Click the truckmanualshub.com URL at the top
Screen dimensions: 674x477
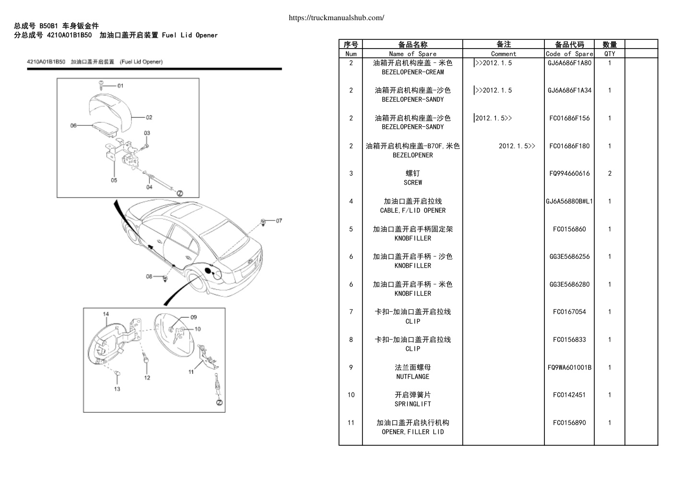(x=336, y=18)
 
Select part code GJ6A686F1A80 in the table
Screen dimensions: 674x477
(x=569, y=63)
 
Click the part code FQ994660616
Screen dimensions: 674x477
(x=569, y=173)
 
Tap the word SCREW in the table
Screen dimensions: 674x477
(x=412, y=183)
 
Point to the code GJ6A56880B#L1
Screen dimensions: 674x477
(x=569, y=201)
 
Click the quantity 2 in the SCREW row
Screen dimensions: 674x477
(x=610, y=173)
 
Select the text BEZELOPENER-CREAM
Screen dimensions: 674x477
(x=412, y=72)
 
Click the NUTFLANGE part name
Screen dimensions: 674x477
(x=412, y=377)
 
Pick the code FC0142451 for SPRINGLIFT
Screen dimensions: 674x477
(x=569, y=395)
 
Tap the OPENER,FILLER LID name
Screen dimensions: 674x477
(x=412, y=432)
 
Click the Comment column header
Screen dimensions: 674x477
(x=504, y=54)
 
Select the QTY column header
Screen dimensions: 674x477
(x=610, y=54)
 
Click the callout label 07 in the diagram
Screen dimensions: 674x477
(x=279, y=221)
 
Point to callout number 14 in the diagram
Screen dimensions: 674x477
(x=106, y=314)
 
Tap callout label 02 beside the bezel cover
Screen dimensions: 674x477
(x=149, y=117)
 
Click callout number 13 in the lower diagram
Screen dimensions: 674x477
(x=117, y=389)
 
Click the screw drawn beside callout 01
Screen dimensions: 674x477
(x=101, y=85)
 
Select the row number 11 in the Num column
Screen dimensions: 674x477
(x=351, y=423)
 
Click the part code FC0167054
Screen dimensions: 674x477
(x=569, y=312)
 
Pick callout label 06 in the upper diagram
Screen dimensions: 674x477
(x=73, y=125)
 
